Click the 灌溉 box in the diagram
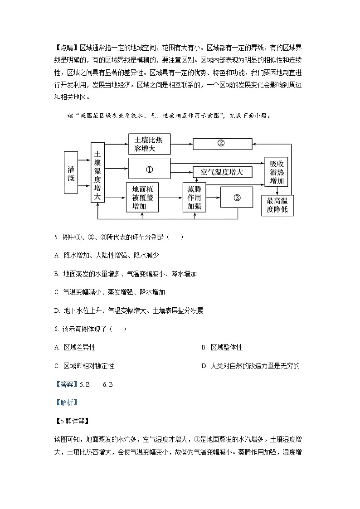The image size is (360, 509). pos(71,174)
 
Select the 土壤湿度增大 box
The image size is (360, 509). pos(97,172)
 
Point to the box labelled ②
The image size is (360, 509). pos(222,143)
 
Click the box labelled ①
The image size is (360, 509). pos(149,169)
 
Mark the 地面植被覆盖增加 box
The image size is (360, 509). pos(142,198)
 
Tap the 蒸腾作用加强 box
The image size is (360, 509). pos(194,198)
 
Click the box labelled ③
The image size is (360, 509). pos(236,198)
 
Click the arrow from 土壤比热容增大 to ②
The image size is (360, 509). pos(181,143)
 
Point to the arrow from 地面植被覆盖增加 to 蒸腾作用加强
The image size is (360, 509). pos(170,198)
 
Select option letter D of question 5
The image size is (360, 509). pos(57,310)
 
